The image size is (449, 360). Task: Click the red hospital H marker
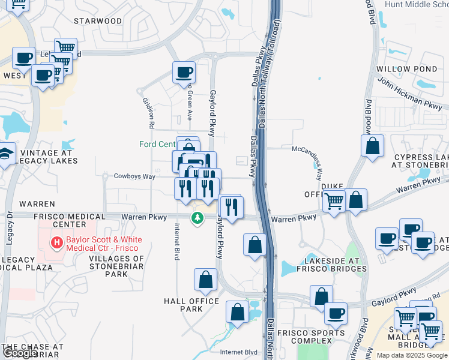(56, 243)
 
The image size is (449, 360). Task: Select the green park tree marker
(197, 218)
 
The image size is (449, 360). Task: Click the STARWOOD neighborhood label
(98, 20)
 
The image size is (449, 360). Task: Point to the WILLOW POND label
(406, 69)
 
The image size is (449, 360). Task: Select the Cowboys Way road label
(135, 176)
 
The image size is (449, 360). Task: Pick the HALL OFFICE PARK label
(191, 304)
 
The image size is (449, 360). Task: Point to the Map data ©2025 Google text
(412, 355)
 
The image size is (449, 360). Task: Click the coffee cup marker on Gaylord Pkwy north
(184, 72)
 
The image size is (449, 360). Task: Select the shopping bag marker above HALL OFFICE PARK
(205, 279)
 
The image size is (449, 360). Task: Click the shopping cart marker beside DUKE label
(334, 202)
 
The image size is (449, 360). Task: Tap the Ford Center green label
(157, 144)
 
